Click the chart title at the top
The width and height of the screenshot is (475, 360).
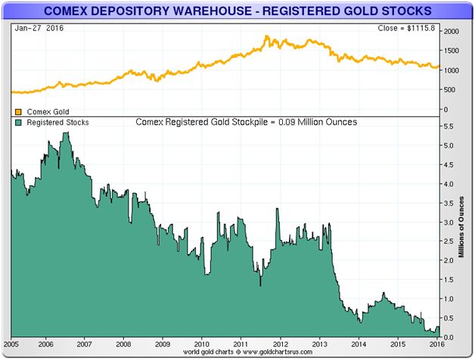(x=237, y=11)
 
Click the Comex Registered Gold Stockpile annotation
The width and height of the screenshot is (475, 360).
(x=247, y=121)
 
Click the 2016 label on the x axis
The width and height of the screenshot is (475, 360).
(x=436, y=343)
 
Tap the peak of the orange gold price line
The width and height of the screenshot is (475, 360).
(x=267, y=36)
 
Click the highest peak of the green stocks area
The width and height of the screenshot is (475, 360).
(x=66, y=133)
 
